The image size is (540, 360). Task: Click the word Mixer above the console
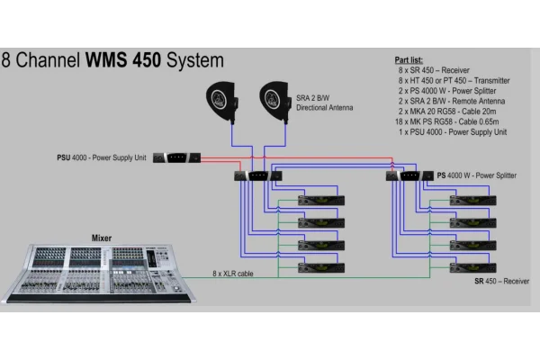click(x=102, y=238)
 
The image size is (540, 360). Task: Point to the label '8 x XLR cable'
click(x=232, y=272)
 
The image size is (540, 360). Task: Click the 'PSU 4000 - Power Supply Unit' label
click(x=102, y=157)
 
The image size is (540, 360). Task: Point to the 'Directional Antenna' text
click(x=325, y=107)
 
